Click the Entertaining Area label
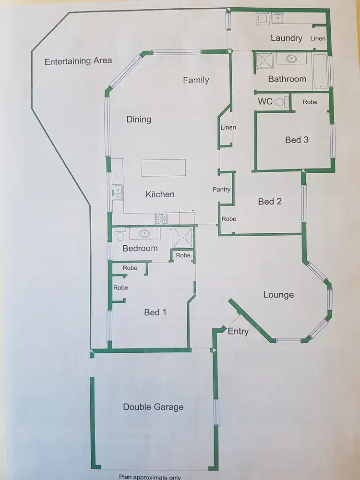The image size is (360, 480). click(x=78, y=61)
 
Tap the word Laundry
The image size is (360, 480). click(x=286, y=38)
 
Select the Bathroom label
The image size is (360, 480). click(x=287, y=79)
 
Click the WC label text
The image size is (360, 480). click(x=265, y=102)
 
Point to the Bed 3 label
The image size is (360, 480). click(x=297, y=140)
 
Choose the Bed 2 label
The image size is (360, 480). click(x=270, y=202)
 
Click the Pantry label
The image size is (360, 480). click(x=221, y=190)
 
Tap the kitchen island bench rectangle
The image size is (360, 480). click(x=163, y=168)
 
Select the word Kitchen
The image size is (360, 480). click(x=160, y=194)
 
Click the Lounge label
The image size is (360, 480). click(x=278, y=295)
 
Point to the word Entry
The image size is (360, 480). click(x=238, y=331)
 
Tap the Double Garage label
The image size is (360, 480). click(x=153, y=407)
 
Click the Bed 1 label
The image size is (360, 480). click(x=155, y=312)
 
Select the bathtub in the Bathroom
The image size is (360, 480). click(x=320, y=72)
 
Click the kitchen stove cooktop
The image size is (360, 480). click(x=161, y=218)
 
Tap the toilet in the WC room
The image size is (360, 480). click(x=286, y=102)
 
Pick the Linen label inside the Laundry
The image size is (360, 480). click(x=318, y=38)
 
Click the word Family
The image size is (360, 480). click(x=196, y=80)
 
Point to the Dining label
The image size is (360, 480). click(x=139, y=120)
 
